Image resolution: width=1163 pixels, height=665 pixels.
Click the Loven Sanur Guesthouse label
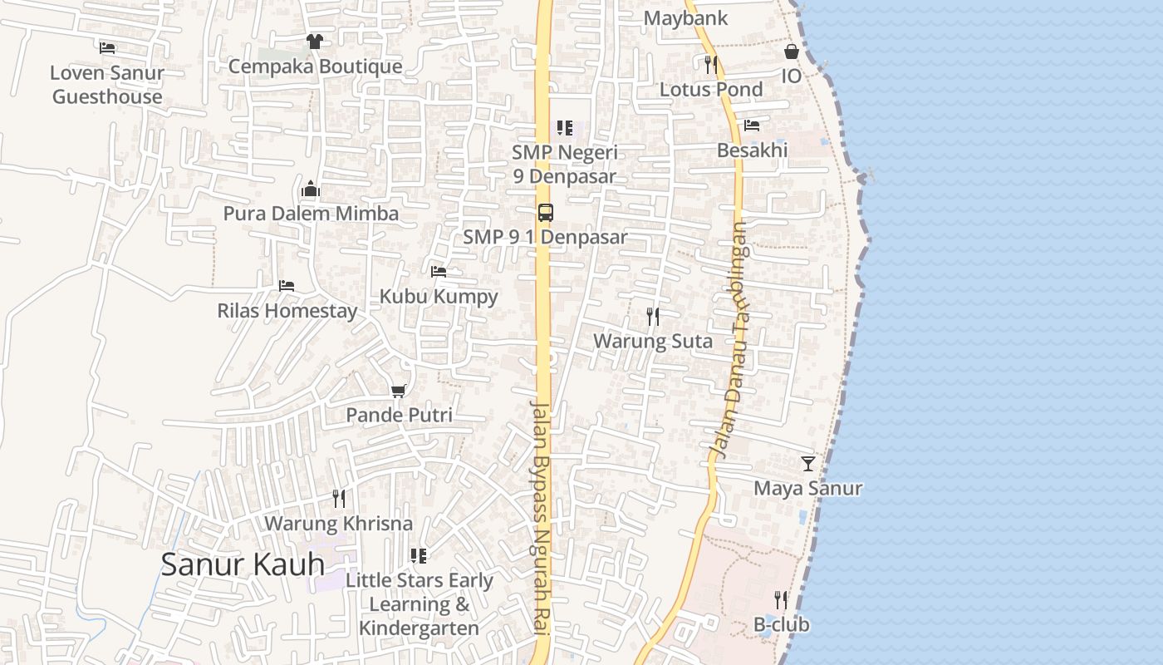tap(107, 85)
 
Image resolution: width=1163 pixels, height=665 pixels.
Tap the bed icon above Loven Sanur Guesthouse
tap(107, 48)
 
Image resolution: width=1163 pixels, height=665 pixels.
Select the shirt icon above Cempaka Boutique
tap(314, 42)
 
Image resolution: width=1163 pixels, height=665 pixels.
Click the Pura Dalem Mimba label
tap(311, 214)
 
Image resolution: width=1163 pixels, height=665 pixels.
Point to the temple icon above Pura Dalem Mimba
tap(311, 189)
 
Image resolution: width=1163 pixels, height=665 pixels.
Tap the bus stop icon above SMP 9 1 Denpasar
tap(545, 212)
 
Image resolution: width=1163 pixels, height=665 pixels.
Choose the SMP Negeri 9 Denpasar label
tap(565, 165)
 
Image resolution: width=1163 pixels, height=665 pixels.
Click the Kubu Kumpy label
tap(439, 297)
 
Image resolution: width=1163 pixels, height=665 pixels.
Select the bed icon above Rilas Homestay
tap(287, 286)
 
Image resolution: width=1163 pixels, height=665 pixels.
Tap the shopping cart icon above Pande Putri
tap(399, 391)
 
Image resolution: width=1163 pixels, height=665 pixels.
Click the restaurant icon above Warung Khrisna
tap(338, 499)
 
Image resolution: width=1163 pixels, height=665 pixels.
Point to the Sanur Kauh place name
tap(243, 564)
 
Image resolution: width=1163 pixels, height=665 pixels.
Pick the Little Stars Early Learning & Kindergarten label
tap(420, 604)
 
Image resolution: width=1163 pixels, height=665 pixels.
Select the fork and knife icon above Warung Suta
tap(653, 316)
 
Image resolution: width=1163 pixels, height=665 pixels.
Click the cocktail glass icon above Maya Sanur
tap(807, 464)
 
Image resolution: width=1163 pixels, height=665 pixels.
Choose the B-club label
tap(781, 624)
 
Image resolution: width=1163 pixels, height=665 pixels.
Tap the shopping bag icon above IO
tap(792, 52)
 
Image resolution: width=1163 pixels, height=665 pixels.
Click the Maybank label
tap(685, 17)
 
